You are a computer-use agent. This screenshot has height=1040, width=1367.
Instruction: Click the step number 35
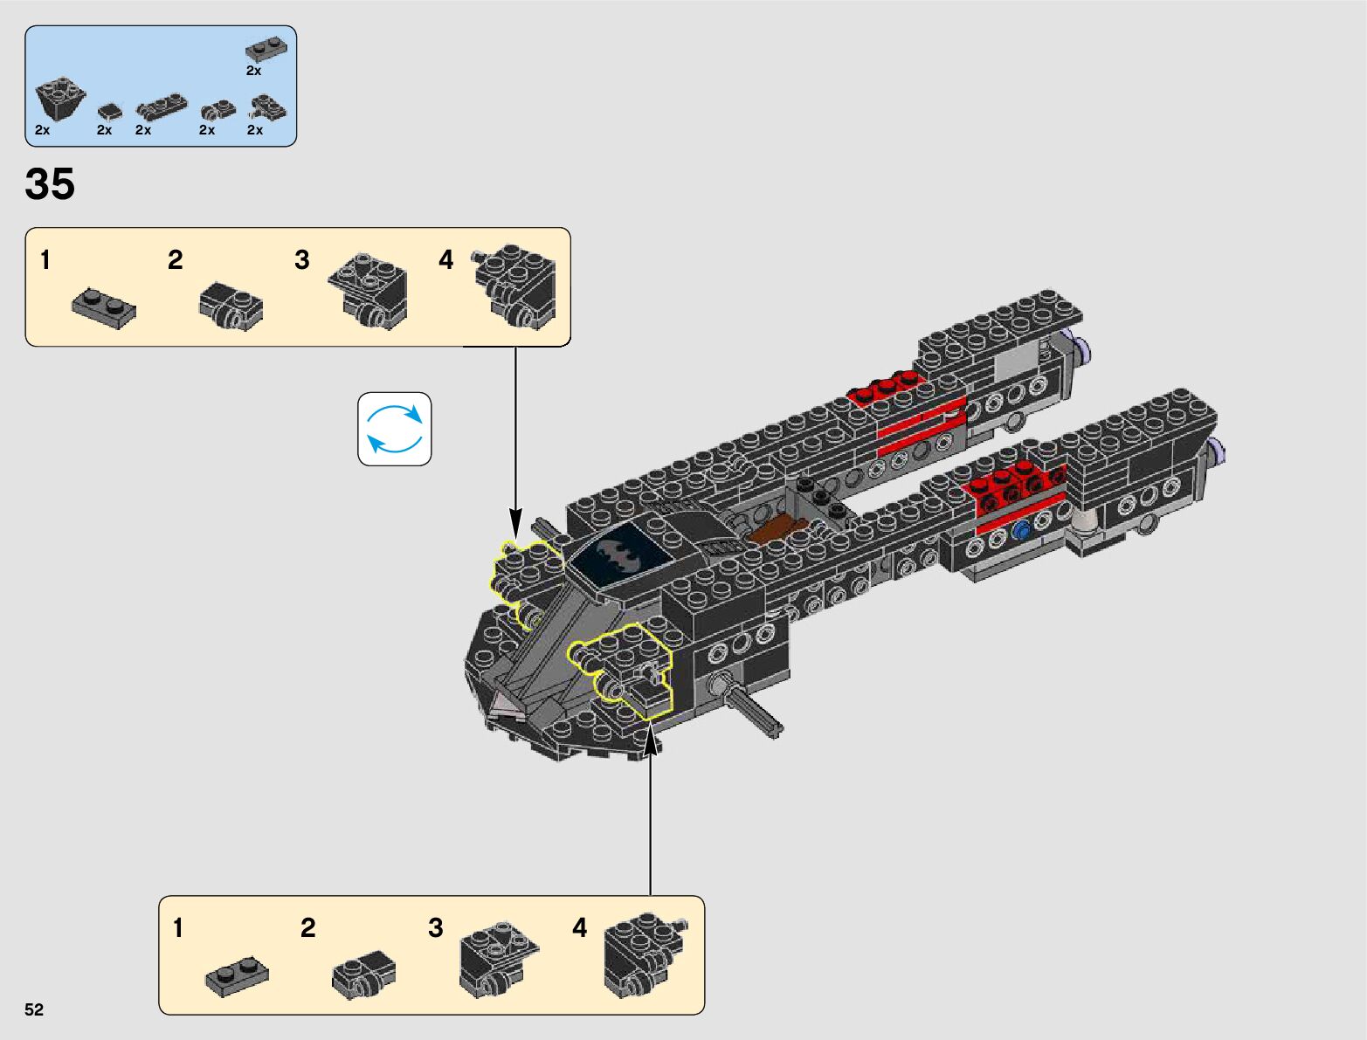pos(50,184)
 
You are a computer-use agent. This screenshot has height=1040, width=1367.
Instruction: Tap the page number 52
pos(34,1009)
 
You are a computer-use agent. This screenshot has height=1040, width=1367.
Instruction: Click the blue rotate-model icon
pos(395,429)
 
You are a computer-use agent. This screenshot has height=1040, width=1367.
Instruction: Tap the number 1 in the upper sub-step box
pos(45,259)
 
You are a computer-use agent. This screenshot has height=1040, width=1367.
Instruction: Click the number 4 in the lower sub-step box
pos(579,927)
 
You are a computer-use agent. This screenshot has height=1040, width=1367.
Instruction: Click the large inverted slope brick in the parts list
pos(59,100)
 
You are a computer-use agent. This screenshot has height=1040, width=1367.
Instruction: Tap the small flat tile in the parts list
pos(109,111)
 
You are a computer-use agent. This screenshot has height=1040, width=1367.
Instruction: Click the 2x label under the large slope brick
pos(43,130)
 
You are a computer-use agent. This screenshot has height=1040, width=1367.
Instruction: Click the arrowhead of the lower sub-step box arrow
pos(650,740)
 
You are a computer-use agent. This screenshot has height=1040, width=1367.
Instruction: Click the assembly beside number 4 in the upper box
pos(515,286)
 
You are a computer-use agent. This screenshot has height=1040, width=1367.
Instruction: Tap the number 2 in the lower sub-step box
pos(307,927)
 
